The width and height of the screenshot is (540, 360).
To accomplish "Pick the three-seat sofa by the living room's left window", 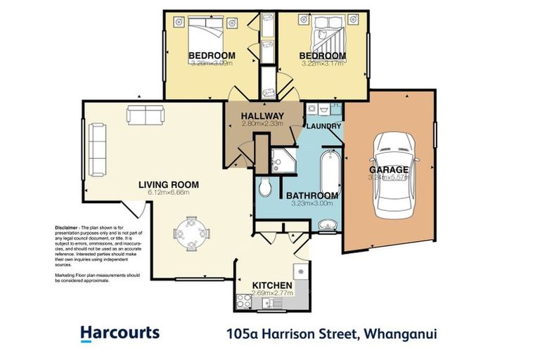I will tap(96, 150).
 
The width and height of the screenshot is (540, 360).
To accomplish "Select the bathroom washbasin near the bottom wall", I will tap(326, 226).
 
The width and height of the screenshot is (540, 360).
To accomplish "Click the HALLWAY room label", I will tap(262, 116).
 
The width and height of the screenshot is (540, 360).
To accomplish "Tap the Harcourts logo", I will tap(120, 333).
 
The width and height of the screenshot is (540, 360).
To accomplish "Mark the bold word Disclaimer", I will tap(68, 229).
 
